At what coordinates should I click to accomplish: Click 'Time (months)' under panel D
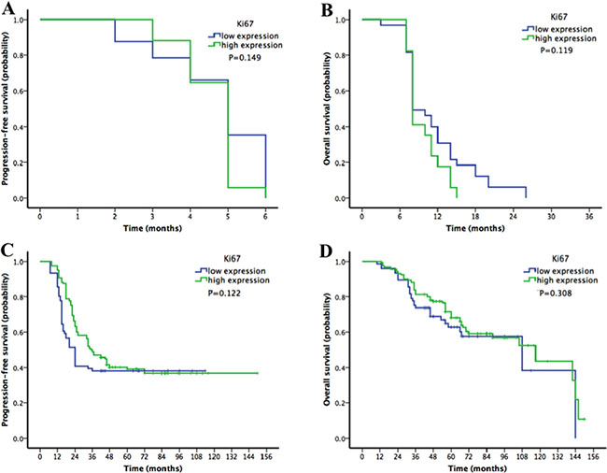(474, 468)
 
